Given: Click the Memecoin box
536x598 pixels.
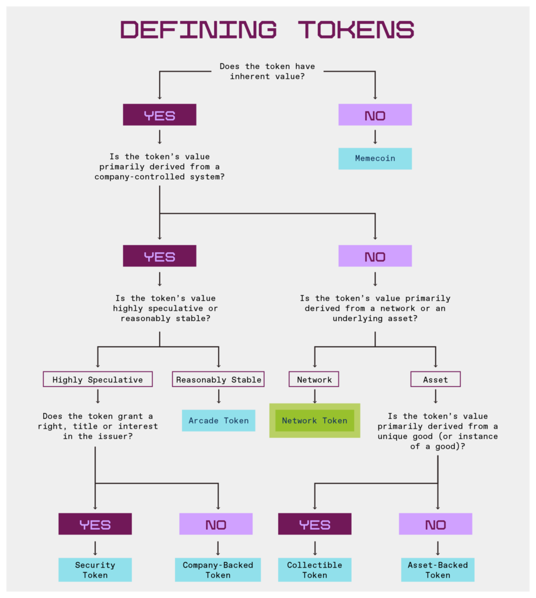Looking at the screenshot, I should [375, 158].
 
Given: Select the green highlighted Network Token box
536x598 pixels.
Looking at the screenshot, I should [314, 420].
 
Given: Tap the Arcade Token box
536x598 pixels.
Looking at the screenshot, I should [219, 420].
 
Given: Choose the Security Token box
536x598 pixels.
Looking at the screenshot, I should [95, 569].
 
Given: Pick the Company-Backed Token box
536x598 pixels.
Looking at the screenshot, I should [218, 569].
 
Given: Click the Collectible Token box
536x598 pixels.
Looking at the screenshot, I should [314, 569].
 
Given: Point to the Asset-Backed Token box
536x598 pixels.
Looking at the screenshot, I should [437, 569].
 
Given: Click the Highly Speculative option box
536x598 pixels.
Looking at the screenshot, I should [97, 380].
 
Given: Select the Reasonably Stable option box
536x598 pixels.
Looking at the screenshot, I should [219, 380].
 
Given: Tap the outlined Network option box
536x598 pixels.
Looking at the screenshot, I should [314, 380].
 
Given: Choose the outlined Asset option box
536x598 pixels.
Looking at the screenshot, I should [435, 380].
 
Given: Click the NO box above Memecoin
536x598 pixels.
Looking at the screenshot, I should [375, 115].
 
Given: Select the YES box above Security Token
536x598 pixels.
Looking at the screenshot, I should [95, 524].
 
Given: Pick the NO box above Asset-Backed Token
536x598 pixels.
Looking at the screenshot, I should [435, 524].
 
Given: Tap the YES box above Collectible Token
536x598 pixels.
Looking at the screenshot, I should [314, 524].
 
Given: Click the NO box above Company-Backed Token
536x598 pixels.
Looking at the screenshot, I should [216, 524].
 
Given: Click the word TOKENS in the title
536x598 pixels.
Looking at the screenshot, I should [356, 30].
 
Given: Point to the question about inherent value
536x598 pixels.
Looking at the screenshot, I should [267, 71].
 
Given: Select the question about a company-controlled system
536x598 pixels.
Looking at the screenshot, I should [159, 166].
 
